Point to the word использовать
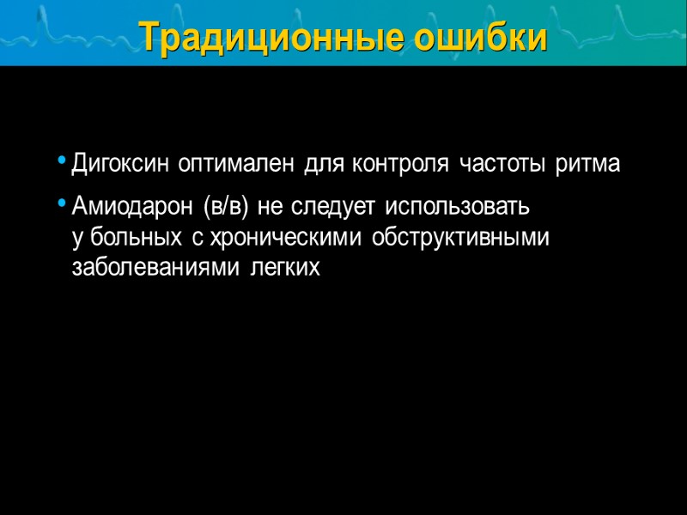(x=458, y=207)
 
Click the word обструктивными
(x=461, y=237)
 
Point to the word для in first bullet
(x=323, y=164)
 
